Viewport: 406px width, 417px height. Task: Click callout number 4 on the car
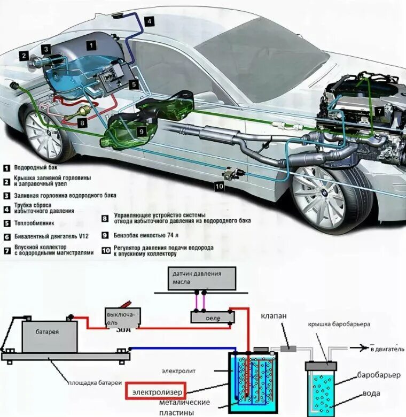coord(149,21)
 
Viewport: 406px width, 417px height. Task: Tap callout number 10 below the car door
coord(220,186)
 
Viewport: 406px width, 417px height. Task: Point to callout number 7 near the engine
coord(378,111)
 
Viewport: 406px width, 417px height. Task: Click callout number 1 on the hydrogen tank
coord(92,45)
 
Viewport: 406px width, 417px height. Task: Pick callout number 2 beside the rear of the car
coord(24,55)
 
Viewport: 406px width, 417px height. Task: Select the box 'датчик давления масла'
coord(201,278)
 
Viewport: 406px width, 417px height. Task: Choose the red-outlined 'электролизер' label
coord(155,391)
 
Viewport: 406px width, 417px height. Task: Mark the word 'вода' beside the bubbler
coord(371,393)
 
